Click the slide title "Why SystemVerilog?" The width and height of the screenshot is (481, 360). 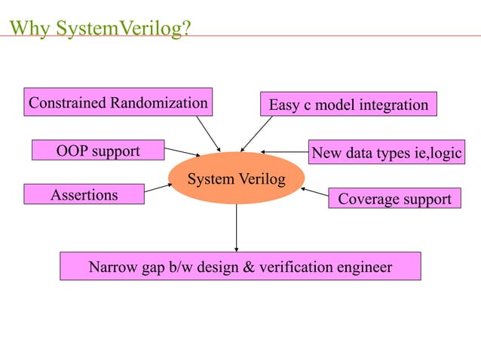[101, 29]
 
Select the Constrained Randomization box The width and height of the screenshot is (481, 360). [118, 102]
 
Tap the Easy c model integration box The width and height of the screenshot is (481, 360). [348, 105]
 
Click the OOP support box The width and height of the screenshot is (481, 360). [98, 151]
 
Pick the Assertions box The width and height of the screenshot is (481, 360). [84, 195]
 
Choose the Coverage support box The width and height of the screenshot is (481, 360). [394, 200]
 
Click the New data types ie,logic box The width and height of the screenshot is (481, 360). [386, 153]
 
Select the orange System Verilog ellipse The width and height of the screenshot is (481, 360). [236, 178]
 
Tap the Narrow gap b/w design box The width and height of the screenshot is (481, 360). [240, 267]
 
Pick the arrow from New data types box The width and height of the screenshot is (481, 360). [285, 152]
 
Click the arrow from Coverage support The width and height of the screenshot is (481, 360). [314, 194]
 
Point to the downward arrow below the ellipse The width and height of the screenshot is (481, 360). [237, 227]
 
